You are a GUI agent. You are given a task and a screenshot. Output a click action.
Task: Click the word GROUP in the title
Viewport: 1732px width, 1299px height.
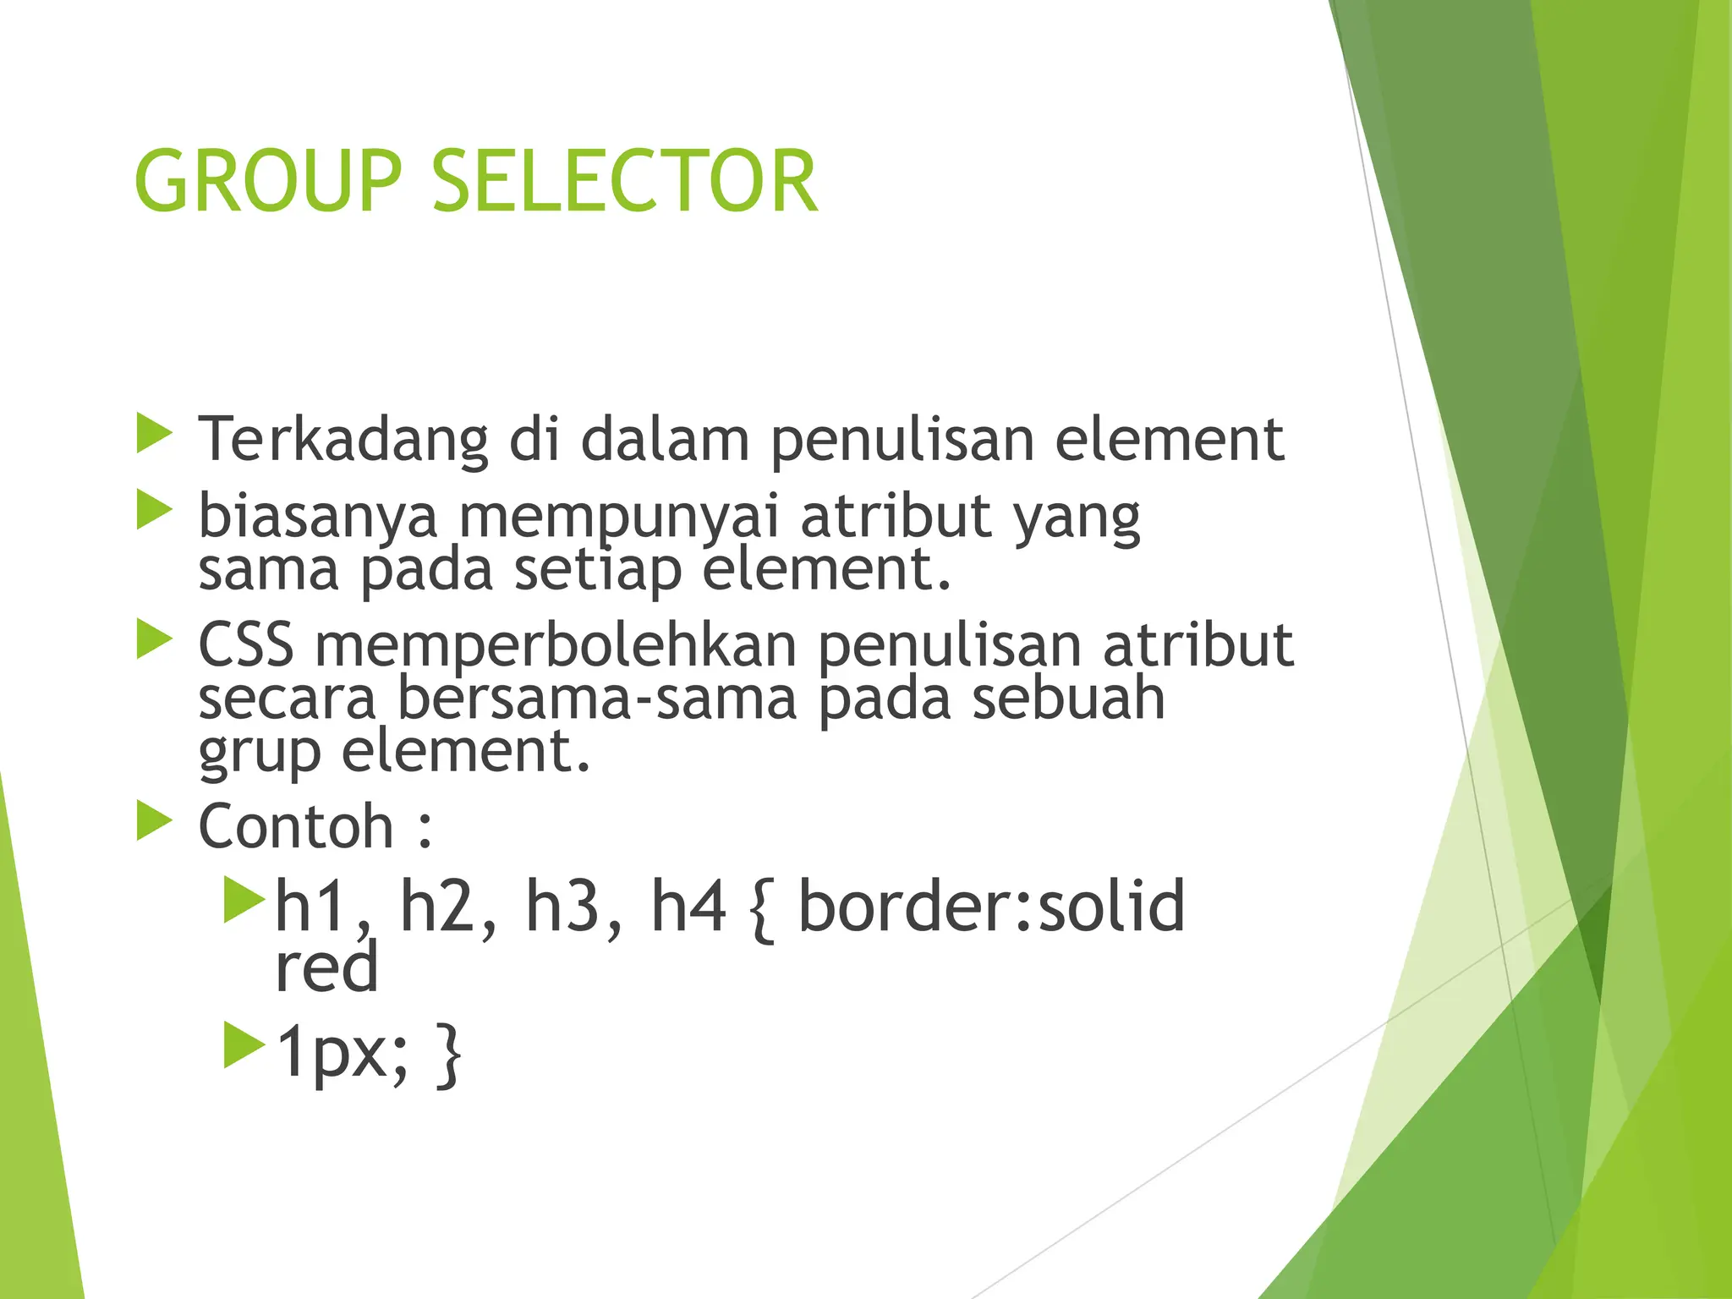(x=267, y=182)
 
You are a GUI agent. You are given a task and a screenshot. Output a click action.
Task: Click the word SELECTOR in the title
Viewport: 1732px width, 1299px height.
(x=625, y=182)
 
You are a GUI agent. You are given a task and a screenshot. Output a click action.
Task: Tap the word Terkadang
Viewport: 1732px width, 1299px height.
(x=343, y=441)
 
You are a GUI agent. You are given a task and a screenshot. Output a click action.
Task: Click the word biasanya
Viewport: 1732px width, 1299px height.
(x=318, y=517)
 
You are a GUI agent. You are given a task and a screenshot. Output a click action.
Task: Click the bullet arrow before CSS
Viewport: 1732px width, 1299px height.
(x=154, y=639)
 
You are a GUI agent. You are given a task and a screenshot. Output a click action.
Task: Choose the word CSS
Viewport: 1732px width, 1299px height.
(x=245, y=645)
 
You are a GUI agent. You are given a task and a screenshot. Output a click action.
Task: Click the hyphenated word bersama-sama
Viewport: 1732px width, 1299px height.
(x=597, y=699)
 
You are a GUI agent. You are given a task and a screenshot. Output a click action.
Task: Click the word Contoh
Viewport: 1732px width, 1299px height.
(x=296, y=827)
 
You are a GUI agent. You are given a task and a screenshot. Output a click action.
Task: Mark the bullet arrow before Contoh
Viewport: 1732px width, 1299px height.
(x=154, y=821)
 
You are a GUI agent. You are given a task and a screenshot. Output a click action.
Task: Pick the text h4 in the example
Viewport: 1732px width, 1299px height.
(x=688, y=907)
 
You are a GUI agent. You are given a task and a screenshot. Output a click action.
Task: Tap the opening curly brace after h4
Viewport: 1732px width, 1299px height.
(x=761, y=910)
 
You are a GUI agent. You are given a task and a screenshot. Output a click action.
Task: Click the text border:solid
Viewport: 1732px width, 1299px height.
(x=991, y=907)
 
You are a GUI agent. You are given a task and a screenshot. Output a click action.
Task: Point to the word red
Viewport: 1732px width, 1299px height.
(x=326, y=968)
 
